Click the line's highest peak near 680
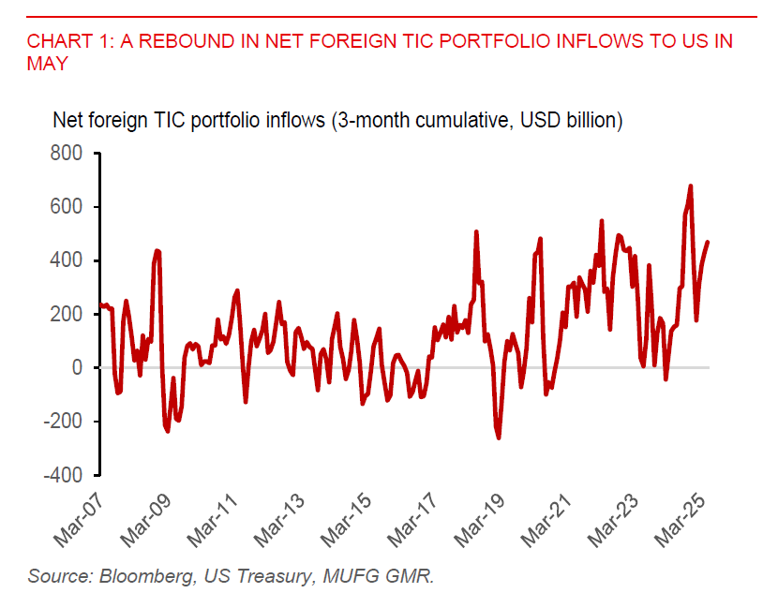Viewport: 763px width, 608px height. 691,186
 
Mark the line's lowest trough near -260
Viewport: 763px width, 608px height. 499,437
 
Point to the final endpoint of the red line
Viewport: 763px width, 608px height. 708,242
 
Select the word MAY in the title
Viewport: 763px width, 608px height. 48,63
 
